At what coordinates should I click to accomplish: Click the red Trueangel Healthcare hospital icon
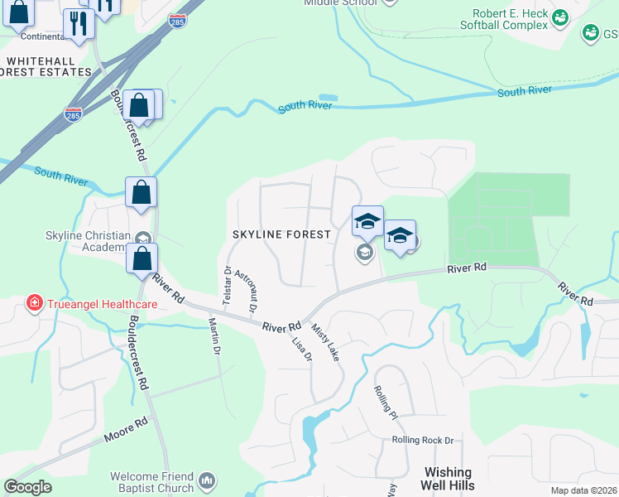[x=34, y=303]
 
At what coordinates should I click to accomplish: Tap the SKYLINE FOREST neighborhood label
[x=281, y=234]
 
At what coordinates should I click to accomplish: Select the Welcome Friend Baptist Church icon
[x=207, y=480]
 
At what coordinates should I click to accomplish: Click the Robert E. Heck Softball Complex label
[x=510, y=20]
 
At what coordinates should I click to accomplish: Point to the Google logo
[x=27, y=487]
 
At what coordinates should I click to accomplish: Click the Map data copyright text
[x=583, y=490]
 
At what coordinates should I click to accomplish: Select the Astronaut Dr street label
[x=246, y=291]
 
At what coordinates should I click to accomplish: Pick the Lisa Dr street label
[x=302, y=349]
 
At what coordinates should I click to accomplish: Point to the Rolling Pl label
[x=386, y=403]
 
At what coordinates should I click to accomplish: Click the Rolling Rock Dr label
[x=423, y=440]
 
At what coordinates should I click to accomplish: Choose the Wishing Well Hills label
[x=448, y=479]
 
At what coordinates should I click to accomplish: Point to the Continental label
[x=32, y=36]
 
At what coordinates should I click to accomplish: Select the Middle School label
[x=340, y=3]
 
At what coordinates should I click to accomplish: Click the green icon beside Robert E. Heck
[x=560, y=17]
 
